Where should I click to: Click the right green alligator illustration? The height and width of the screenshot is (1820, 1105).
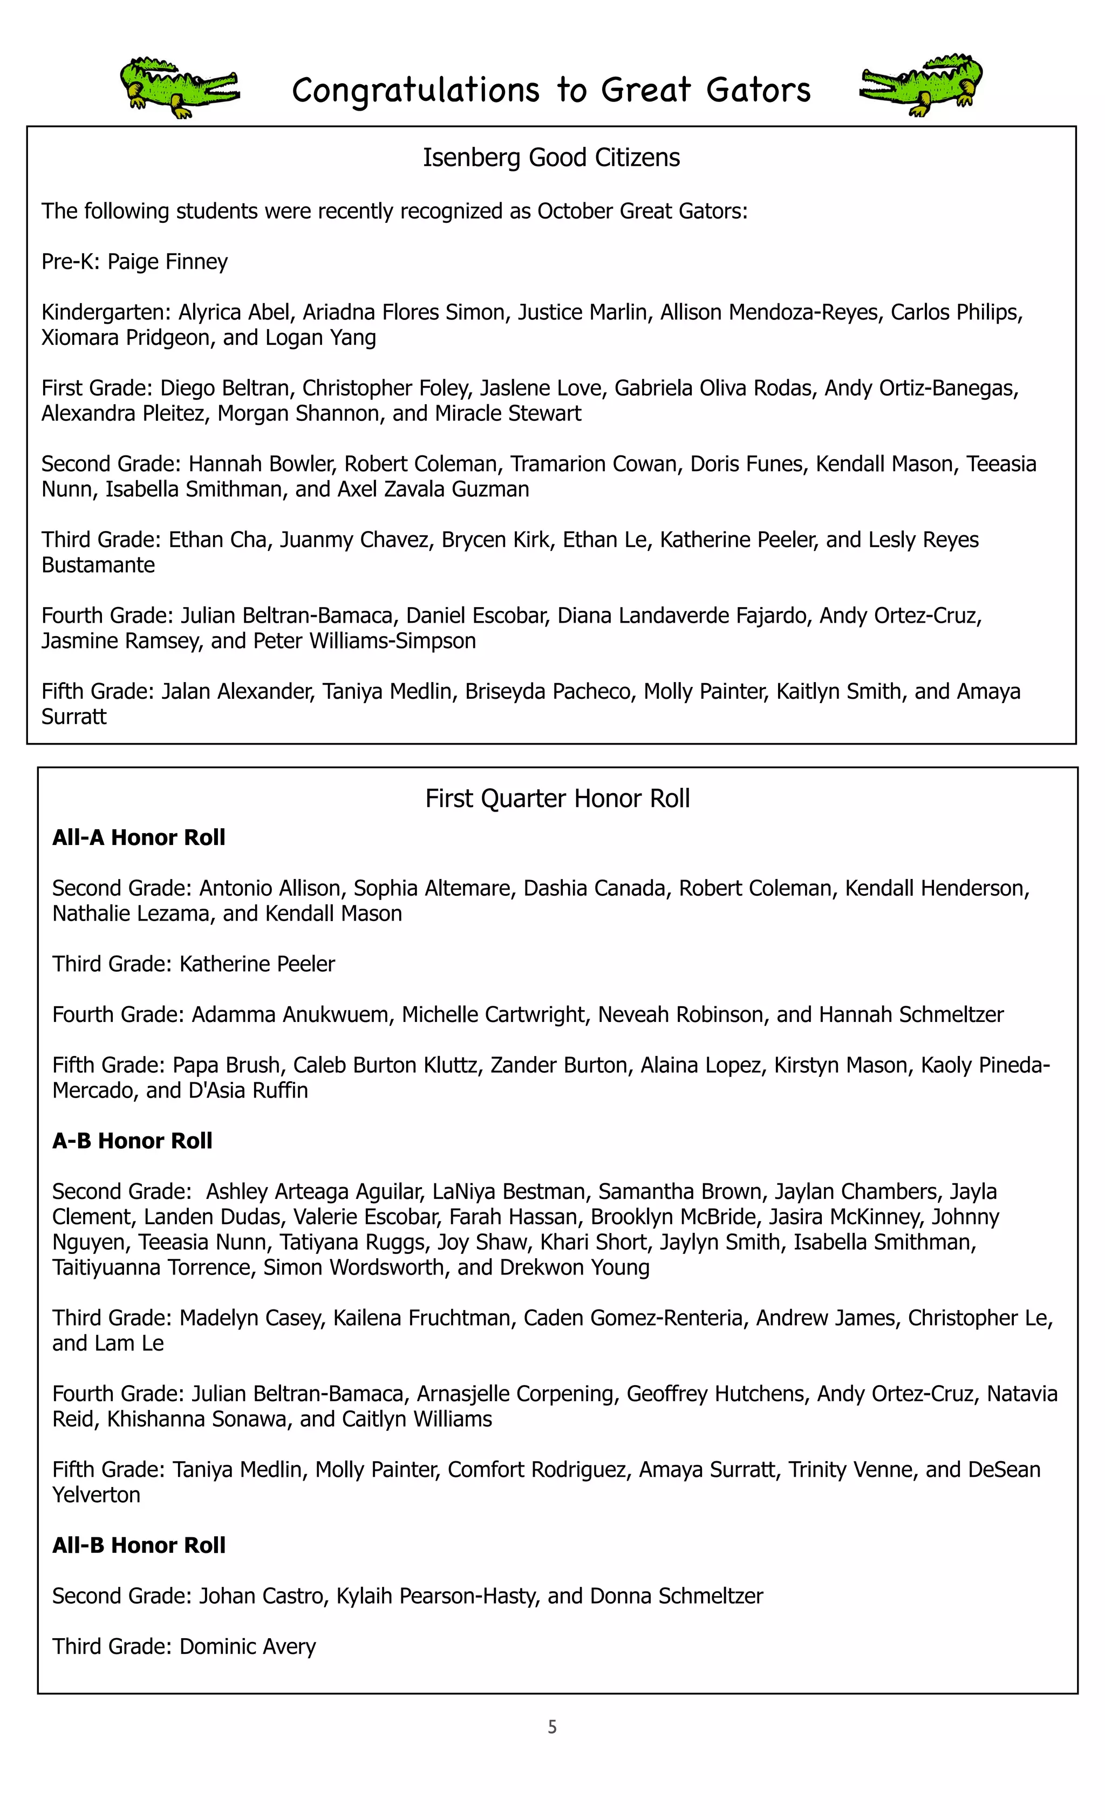pos(922,85)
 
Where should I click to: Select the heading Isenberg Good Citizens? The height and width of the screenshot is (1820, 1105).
pos(551,158)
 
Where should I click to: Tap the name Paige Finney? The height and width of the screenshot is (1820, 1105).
pos(168,262)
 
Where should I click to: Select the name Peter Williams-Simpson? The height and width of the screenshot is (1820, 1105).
pos(364,640)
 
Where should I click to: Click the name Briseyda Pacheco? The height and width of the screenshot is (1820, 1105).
pos(550,691)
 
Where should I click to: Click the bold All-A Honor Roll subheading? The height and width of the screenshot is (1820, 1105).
pos(139,837)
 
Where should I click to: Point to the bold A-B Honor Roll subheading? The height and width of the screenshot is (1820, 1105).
pos(132,1141)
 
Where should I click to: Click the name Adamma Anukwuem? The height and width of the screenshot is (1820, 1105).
pos(290,1015)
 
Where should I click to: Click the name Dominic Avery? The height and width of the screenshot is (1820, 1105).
pos(248,1646)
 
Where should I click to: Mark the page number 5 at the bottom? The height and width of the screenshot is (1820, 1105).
pos(552,1727)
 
